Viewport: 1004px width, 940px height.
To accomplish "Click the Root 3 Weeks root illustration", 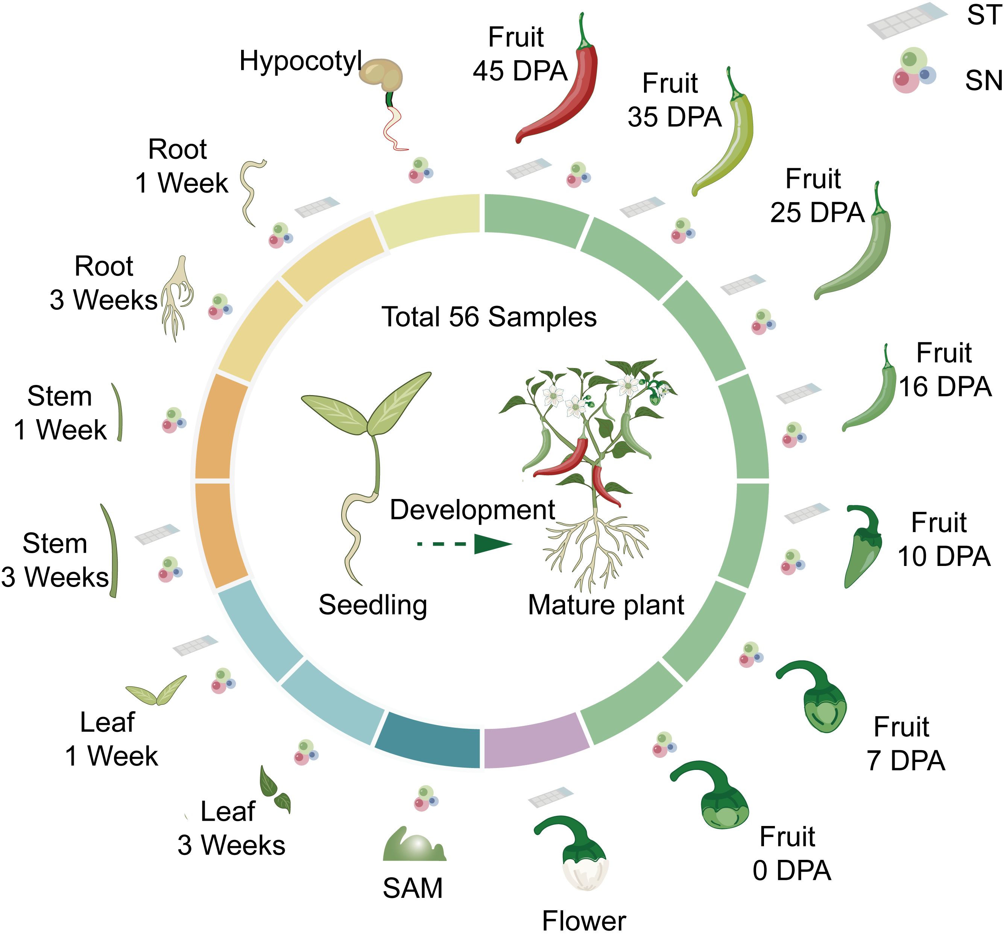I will click(177, 298).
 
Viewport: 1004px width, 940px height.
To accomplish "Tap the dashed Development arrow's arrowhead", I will click(492, 544).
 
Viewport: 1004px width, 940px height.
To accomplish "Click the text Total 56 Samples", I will click(489, 317).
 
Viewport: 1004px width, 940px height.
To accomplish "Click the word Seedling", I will click(373, 605).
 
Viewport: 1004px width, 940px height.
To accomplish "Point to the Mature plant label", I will click(606, 605).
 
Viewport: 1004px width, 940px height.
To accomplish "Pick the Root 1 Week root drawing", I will click(250, 192).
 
